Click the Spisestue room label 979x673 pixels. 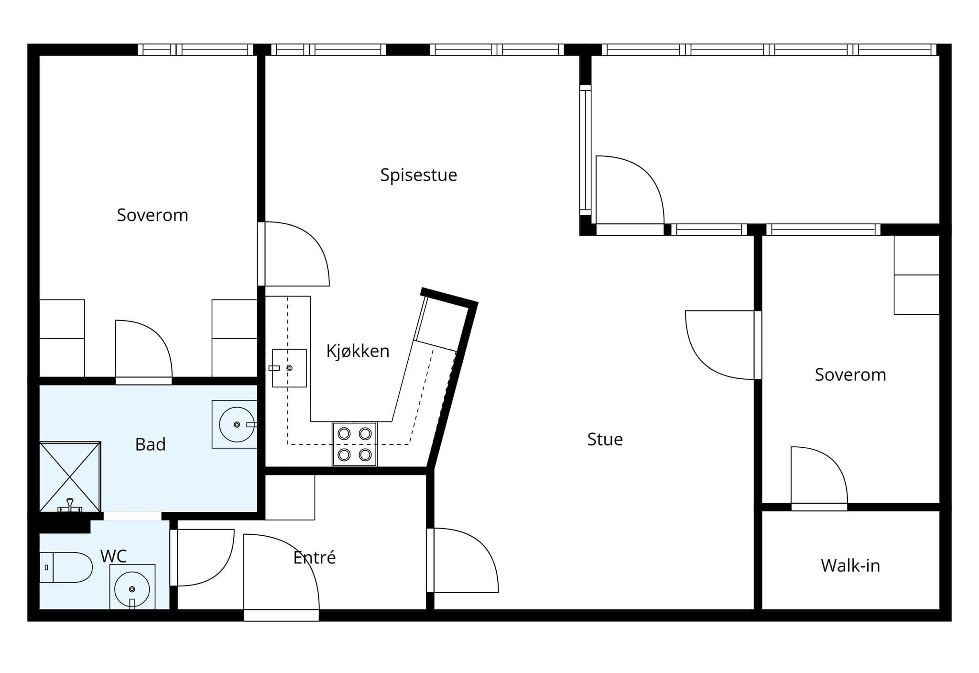[x=419, y=175]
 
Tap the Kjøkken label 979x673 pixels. [x=358, y=351]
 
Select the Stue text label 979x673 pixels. [x=605, y=440]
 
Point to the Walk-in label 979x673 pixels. [x=850, y=566]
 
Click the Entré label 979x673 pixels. [x=315, y=557]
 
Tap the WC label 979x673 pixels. [x=114, y=556]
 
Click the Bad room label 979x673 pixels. [x=151, y=444]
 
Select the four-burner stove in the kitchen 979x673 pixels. [x=355, y=444]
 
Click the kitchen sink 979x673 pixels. [x=289, y=368]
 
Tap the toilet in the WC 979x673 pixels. [x=65, y=567]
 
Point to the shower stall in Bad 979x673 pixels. [x=70, y=477]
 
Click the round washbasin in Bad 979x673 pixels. [x=237, y=424]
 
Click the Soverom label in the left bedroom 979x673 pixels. [x=152, y=215]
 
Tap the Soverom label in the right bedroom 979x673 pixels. [x=850, y=375]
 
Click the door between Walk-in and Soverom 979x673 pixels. [x=819, y=478]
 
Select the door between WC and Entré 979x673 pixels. [x=202, y=558]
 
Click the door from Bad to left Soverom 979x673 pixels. [x=143, y=352]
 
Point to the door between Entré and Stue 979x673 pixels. [x=463, y=560]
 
